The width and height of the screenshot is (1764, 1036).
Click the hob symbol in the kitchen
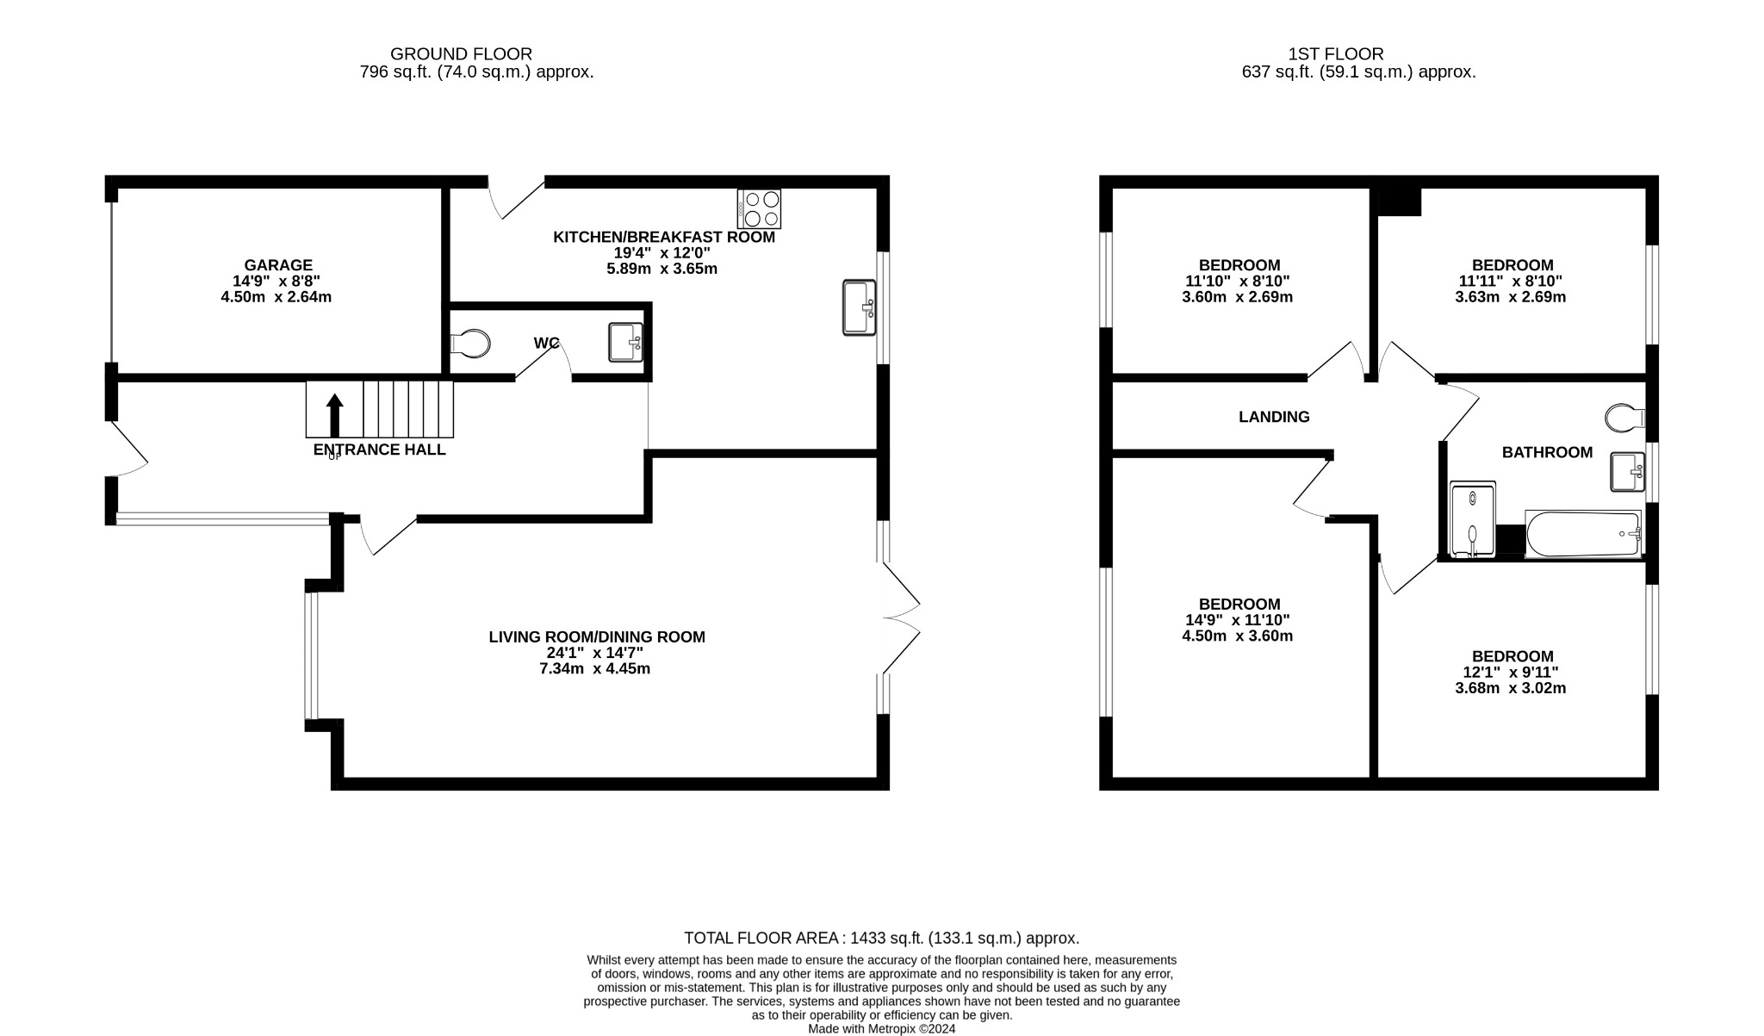(759, 208)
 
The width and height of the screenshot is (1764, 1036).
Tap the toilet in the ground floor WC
(472, 344)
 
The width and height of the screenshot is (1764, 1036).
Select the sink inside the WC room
(625, 342)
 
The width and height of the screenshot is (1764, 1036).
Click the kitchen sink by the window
(859, 307)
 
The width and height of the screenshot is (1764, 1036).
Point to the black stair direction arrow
(334, 415)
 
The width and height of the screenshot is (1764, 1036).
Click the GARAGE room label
(277, 265)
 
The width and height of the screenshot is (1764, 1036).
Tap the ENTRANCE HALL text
(379, 450)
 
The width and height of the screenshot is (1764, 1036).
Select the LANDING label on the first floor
(1274, 417)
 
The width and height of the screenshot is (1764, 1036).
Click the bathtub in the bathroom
(1583, 534)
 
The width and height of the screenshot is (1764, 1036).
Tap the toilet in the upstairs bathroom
(1625, 418)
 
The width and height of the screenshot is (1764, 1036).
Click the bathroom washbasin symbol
(1627, 472)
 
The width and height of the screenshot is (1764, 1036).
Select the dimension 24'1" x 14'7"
(595, 653)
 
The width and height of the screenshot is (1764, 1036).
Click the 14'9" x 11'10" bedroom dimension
(1237, 620)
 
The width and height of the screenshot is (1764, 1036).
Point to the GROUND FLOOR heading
(461, 54)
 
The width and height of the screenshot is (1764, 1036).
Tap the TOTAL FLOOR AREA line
(881, 938)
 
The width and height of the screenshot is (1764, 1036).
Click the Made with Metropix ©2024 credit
(881, 1028)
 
